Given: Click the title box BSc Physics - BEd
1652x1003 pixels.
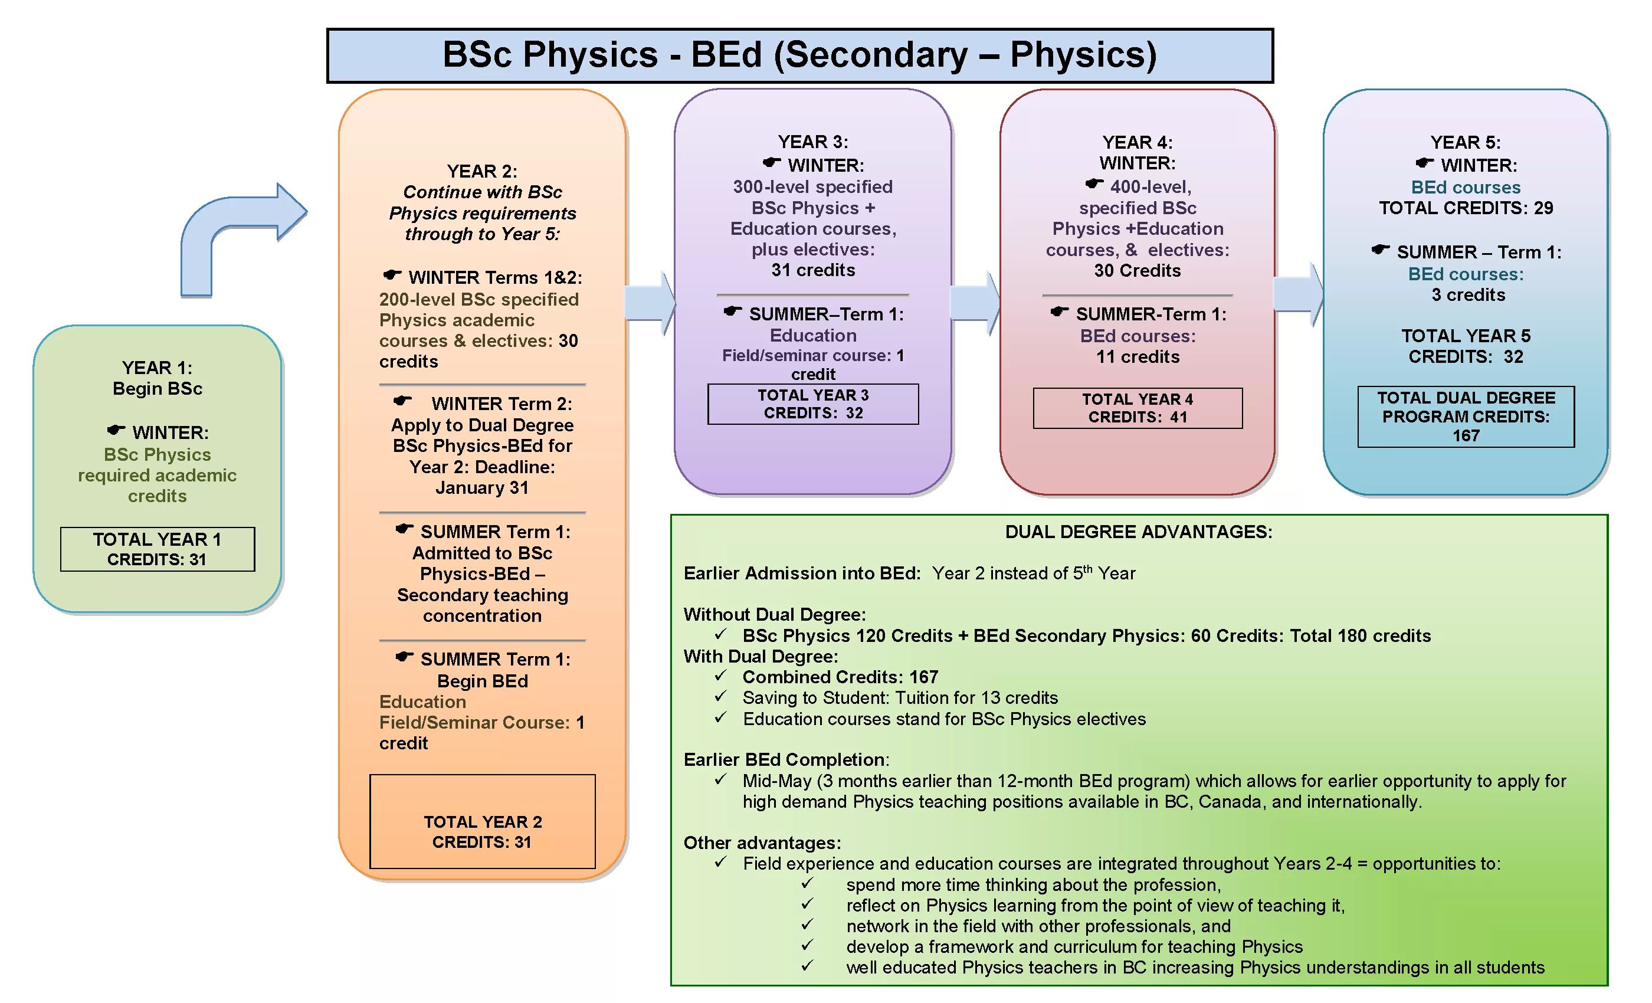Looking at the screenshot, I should point(799,55).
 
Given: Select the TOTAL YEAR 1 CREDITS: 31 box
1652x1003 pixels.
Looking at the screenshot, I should point(157,549).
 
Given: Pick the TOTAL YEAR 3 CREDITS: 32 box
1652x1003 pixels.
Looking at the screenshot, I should point(812,404).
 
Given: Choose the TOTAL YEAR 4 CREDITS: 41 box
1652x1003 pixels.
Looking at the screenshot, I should point(1137,408).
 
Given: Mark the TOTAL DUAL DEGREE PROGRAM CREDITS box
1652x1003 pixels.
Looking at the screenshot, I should point(1466,417).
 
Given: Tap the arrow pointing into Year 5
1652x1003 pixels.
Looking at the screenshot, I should point(1298,294).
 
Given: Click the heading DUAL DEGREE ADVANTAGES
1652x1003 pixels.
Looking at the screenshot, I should point(1139,532).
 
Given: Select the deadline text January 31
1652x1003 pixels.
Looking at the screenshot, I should point(482,487).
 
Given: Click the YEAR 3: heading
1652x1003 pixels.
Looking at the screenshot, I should point(812,142).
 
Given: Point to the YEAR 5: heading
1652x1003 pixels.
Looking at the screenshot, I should point(1466,142).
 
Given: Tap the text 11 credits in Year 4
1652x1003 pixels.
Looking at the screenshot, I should point(1137,357).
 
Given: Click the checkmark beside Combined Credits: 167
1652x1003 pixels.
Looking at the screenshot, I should point(721,675).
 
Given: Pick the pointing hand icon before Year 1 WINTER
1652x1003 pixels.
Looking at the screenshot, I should point(116,430).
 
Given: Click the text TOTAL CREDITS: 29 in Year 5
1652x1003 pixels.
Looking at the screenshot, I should point(1466,208).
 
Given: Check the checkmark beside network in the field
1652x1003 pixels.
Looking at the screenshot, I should point(808,925).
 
